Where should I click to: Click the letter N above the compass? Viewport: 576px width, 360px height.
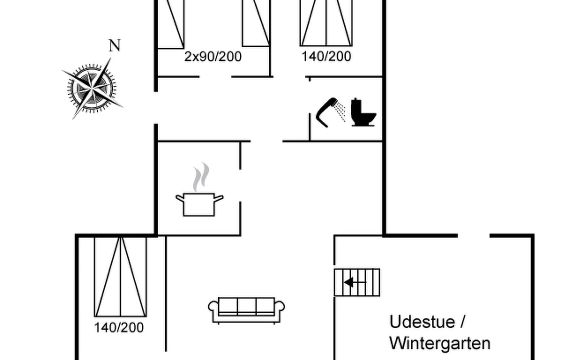pyautogui.click(x=114, y=46)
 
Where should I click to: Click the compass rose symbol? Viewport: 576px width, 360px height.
pyautogui.click(x=92, y=88)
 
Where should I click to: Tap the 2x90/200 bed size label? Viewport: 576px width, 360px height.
pyautogui.click(x=213, y=57)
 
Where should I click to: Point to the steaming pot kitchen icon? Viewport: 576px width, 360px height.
pyautogui.click(x=199, y=204)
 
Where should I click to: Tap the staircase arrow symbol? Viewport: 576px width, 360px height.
pyautogui.click(x=350, y=282)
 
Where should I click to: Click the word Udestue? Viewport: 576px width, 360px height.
pyautogui.click(x=422, y=322)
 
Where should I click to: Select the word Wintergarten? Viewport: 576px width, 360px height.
pyautogui.click(x=439, y=343)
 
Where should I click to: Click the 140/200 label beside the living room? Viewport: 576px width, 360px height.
pyautogui.click(x=119, y=328)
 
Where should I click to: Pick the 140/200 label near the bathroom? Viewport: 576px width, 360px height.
pyautogui.click(x=326, y=57)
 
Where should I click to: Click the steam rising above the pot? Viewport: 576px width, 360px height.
pyautogui.click(x=201, y=177)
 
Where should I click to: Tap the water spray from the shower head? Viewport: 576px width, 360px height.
pyautogui.click(x=341, y=111)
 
